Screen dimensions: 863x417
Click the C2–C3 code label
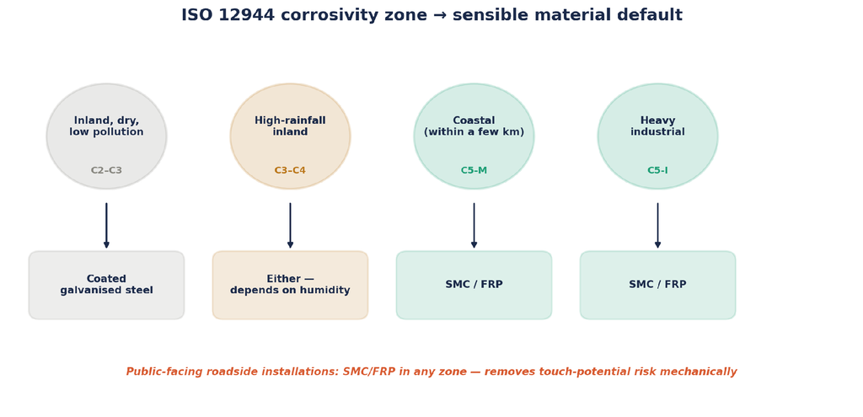106,170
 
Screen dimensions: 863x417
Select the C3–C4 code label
290,170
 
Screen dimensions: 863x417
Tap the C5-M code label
474,170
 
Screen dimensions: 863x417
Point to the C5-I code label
657,170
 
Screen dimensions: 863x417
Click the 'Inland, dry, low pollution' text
106,126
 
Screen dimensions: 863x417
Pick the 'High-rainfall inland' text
290,126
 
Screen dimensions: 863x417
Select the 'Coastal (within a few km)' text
474,126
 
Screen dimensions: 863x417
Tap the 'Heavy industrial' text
657,126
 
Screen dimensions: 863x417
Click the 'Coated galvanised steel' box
106,285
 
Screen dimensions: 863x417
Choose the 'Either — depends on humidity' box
290,285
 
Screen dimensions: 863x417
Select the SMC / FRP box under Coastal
474,285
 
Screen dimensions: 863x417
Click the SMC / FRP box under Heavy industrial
657,285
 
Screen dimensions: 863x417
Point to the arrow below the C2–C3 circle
106,226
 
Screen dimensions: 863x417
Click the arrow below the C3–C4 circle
290,226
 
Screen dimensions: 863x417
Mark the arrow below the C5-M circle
474,226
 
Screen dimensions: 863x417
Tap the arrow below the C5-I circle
657,226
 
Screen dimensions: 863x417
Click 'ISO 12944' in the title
228,15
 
